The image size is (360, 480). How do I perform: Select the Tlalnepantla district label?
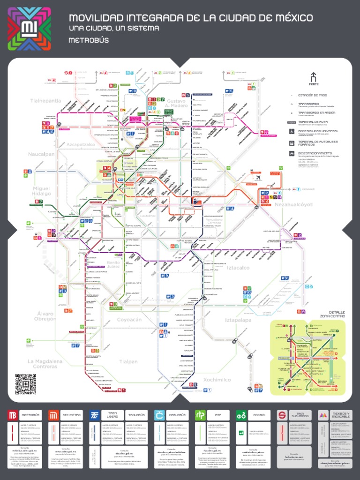(x=45, y=101)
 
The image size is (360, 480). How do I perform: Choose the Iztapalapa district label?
(x=238, y=320)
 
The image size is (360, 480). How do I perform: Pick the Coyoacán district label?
(x=129, y=320)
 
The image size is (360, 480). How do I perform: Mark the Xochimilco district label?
(x=217, y=380)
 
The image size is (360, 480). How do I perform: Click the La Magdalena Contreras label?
(x=45, y=364)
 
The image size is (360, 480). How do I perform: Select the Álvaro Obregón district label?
(x=45, y=316)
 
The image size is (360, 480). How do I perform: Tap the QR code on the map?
(x=25, y=383)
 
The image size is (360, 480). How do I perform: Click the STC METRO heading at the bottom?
(x=71, y=415)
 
